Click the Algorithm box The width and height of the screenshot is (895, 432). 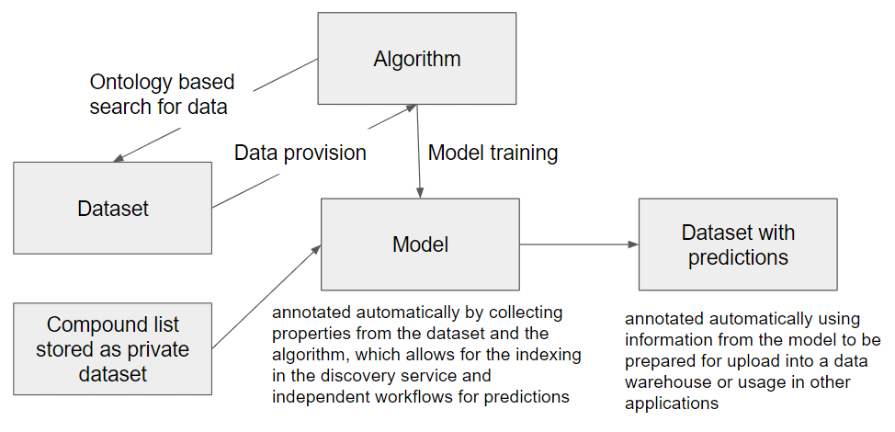(x=416, y=58)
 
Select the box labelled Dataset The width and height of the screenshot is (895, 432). (x=112, y=208)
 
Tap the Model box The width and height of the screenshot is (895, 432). (x=420, y=244)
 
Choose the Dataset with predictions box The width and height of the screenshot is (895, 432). (x=738, y=244)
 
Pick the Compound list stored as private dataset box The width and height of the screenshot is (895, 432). (x=112, y=348)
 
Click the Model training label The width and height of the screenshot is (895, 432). (x=493, y=153)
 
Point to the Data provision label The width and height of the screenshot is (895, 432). (x=300, y=153)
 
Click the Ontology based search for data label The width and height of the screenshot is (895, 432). (x=162, y=94)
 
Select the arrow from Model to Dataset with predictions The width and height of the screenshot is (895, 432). (x=579, y=244)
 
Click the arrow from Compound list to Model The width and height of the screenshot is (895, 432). (x=266, y=297)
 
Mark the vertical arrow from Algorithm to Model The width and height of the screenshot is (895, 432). (x=418, y=152)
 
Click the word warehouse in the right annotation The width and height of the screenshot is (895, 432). (x=664, y=381)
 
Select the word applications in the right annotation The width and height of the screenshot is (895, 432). (x=671, y=404)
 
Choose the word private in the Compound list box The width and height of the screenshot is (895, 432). (x=156, y=349)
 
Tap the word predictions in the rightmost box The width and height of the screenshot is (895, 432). (x=738, y=256)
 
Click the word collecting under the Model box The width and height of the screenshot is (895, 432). (x=526, y=313)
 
